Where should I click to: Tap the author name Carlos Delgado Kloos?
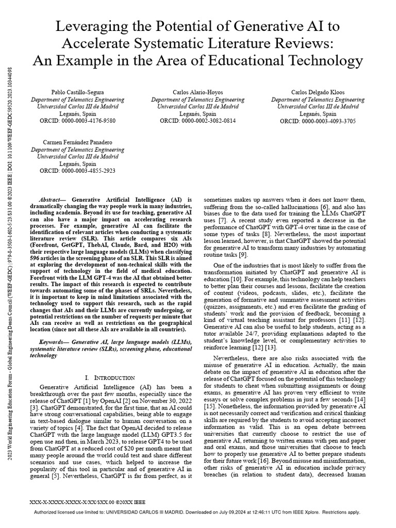[315, 91]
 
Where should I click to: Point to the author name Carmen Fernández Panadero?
[78, 141]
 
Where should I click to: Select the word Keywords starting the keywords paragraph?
[54, 342]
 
